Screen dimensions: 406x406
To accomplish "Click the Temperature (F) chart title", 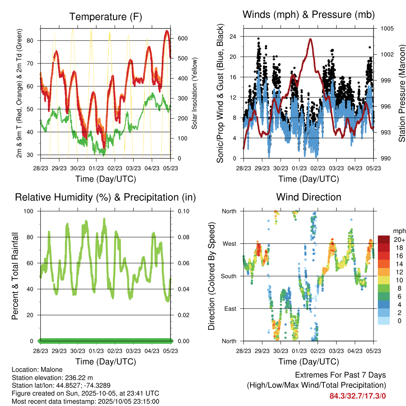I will (105, 17).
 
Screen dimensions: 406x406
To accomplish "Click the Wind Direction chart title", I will (308, 197).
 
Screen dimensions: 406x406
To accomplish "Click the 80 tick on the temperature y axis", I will (33, 40).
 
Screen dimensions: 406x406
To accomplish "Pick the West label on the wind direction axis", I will (229, 243).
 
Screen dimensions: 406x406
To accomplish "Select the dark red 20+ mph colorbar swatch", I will (383, 239).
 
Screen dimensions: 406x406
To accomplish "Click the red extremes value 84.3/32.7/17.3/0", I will (358, 396).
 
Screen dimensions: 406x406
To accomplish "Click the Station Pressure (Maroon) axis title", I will (402, 94).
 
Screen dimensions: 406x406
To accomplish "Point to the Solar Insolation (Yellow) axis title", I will (194, 94).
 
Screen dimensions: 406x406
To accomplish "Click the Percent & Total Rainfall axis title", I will (15, 276).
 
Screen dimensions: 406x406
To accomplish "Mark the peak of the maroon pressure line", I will (310, 39).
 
